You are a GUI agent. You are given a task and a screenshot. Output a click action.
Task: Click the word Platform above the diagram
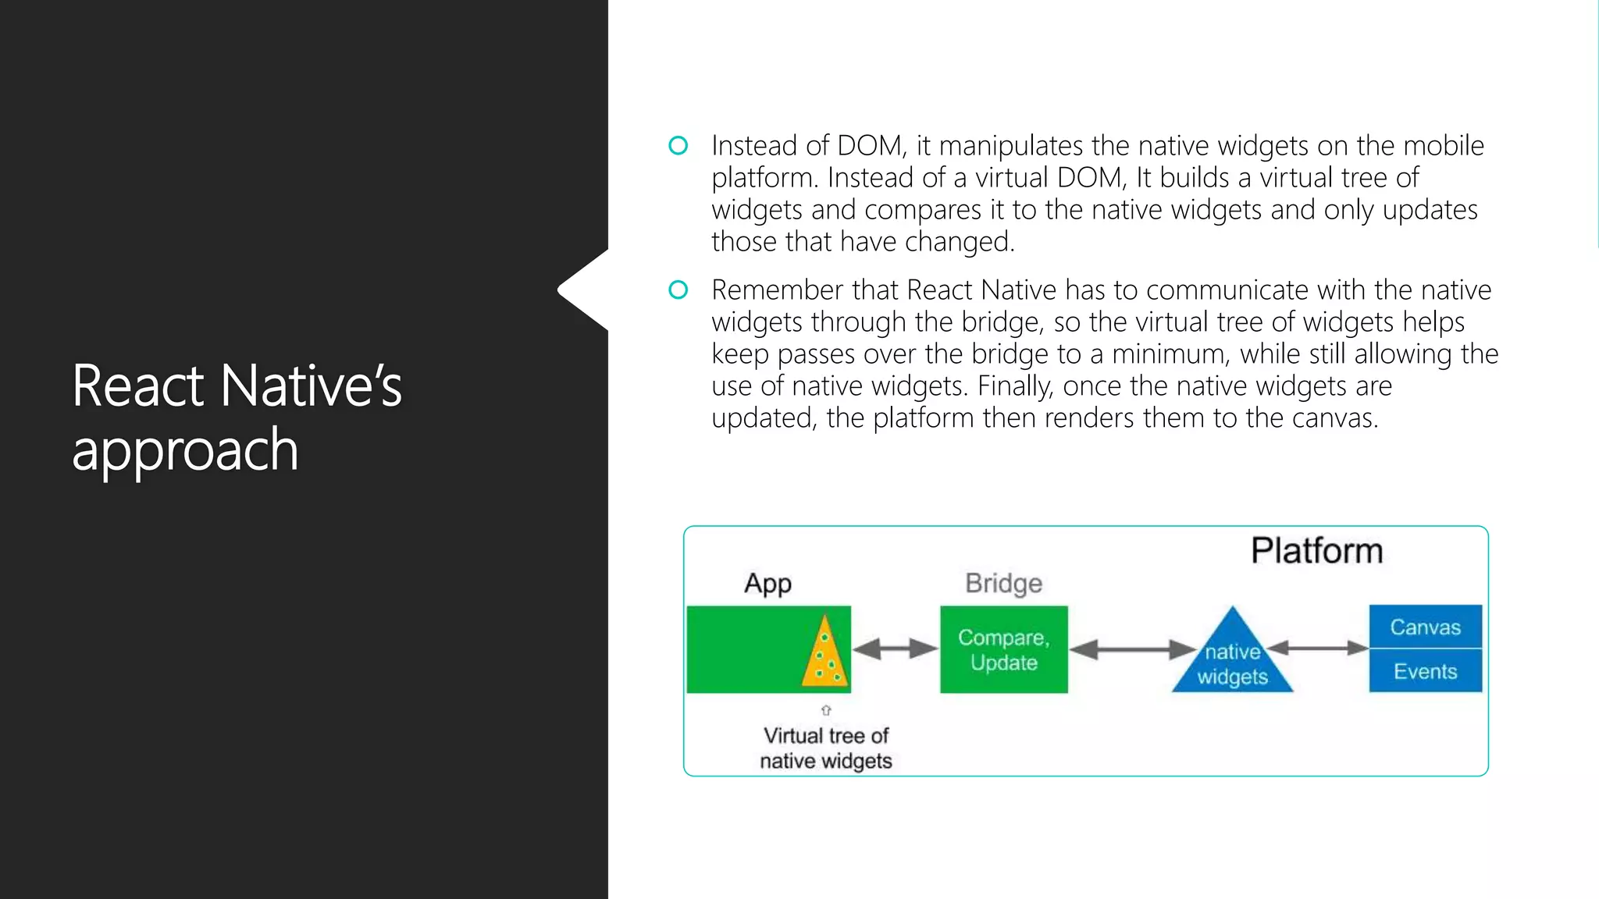pos(1316,551)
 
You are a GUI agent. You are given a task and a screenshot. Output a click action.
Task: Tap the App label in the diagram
pos(767,584)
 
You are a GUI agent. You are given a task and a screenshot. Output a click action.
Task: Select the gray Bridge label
pos(1003,584)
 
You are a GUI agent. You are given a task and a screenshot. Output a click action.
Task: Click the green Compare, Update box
pos(1003,649)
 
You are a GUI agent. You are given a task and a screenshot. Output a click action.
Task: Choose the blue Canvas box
pos(1425,627)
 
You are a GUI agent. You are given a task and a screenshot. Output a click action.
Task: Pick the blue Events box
pos(1425,671)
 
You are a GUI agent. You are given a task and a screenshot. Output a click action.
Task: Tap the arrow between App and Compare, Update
pos(895,648)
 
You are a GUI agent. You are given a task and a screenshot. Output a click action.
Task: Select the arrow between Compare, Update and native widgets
pos(1132,649)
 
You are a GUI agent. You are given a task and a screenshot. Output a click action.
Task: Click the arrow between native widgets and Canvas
pos(1317,648)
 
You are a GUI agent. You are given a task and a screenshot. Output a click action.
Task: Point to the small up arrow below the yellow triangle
pos(826,710)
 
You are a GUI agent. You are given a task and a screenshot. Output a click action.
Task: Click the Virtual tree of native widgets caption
pos(826,748)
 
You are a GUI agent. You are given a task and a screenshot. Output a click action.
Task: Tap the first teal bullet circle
pos(678,146)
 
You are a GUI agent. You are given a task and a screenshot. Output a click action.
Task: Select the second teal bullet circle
pos(678,290)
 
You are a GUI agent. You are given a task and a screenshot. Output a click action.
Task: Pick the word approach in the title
pos(185,450)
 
